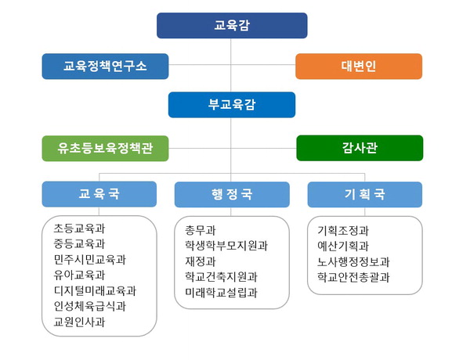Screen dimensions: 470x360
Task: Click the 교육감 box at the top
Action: coord(232,26)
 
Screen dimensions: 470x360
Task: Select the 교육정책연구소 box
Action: coord(105,67)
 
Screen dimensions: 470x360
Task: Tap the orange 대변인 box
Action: coord(359,67)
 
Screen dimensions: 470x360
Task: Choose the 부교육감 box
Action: coord(232,105)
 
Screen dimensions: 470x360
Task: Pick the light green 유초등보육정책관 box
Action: coord(105,148)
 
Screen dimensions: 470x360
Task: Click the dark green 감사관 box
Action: coord(360,148)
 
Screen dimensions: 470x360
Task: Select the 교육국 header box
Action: coord(99,194)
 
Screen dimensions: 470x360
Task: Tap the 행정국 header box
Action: coord(232,194)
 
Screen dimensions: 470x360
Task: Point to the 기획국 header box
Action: coord(365,194)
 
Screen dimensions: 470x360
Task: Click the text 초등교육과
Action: coord(79,229)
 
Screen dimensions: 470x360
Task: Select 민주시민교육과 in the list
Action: coord(90,259)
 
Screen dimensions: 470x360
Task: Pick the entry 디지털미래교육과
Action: coord(95,290)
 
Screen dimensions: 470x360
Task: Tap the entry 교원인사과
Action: coord(79,322)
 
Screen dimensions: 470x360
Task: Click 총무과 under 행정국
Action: coord(201,230)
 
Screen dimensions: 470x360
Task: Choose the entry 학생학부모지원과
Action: coord(226,246)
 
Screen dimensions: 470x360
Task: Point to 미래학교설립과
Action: coord(221,293)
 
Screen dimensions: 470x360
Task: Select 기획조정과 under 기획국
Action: coord(343,231)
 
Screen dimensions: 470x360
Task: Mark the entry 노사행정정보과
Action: coord(354,261)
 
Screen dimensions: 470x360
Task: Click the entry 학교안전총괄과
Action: coord(354,277)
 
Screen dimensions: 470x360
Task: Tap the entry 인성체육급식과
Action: coord(90,306)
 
